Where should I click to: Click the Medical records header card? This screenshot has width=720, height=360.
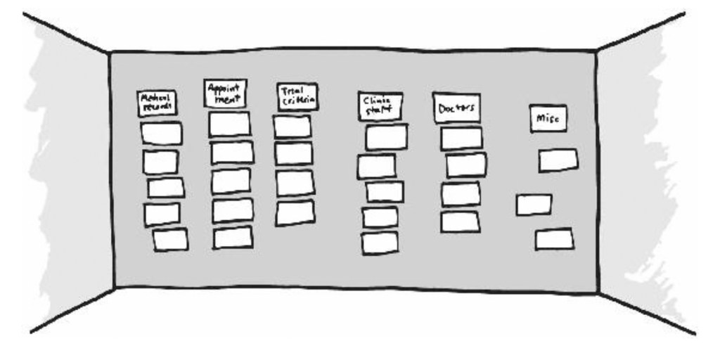coord(157,103)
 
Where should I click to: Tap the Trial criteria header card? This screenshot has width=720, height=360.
coord(297,97)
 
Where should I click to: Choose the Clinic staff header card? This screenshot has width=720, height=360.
coord(380,106)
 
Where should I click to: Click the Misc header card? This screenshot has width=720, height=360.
coord(548,119)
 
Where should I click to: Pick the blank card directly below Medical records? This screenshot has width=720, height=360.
coord(161,134)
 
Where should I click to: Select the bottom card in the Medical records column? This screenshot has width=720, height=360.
coord(171,240)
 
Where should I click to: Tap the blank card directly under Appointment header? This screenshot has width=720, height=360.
coord(230,124)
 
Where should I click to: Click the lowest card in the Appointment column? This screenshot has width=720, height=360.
coord(233,238)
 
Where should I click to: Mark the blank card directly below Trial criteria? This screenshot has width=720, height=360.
coord(292,127)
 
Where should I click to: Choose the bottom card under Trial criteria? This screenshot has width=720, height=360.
coord(295,212)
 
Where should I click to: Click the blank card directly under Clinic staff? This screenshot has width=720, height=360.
coord(386,137)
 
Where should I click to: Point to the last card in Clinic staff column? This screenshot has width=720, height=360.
coord(380,243)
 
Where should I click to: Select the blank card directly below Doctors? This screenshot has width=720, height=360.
coord(462,138)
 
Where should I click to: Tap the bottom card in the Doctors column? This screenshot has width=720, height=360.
coord(460,221)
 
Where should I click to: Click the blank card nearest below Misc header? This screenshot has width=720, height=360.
coord(558,160)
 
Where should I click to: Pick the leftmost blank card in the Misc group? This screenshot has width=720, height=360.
coord(534,205)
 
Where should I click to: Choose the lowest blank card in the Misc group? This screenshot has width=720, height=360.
coord(554,239)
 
